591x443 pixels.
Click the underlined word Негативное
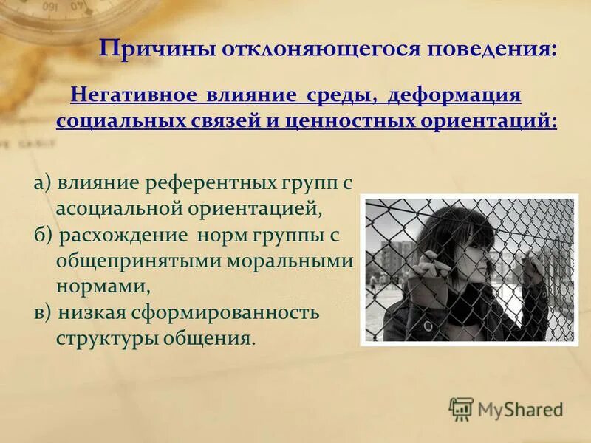(x=134, y=97)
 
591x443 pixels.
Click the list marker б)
(x=43, y=236)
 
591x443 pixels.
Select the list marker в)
(x=43, y=312)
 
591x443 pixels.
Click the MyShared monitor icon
(x=461, y=408)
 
